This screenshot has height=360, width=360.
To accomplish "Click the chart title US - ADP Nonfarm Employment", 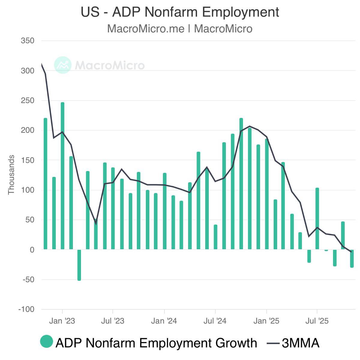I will click(x=180, y=12).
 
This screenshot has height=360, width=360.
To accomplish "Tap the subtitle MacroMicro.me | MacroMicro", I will click(x=180, y=29).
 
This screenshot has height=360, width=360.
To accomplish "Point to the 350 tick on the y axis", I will click(x=28, y=40).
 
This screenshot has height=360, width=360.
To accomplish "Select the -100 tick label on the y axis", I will click(x=26, y=309).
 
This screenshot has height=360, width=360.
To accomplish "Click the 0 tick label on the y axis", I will click(x=32, y=250).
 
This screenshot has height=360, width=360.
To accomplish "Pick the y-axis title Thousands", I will click(x=11, y=175).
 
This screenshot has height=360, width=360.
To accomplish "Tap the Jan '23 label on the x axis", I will click(x=62, y=321).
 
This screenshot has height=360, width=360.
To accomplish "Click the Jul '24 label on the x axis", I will click(x=215, y=321).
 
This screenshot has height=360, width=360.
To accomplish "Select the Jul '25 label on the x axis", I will click(x=317, y=321).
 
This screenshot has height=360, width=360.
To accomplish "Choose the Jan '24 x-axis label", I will click(x=164, y=321).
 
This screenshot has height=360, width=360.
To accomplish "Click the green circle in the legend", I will click(x=46, y=342).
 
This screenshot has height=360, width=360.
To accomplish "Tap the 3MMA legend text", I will click(x=300, y=343).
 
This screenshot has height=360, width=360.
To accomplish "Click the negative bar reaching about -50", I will click(x=79, y=265).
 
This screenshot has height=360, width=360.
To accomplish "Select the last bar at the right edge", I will click(x=352, y=258).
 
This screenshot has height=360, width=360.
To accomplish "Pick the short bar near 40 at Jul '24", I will click(x=215, y=237).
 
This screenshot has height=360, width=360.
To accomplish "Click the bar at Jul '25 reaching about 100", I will click(x=317, y=219).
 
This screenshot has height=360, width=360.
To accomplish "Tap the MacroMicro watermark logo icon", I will click(x=62, y=65).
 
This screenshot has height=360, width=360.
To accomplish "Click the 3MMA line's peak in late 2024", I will click(x=250, y=126).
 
